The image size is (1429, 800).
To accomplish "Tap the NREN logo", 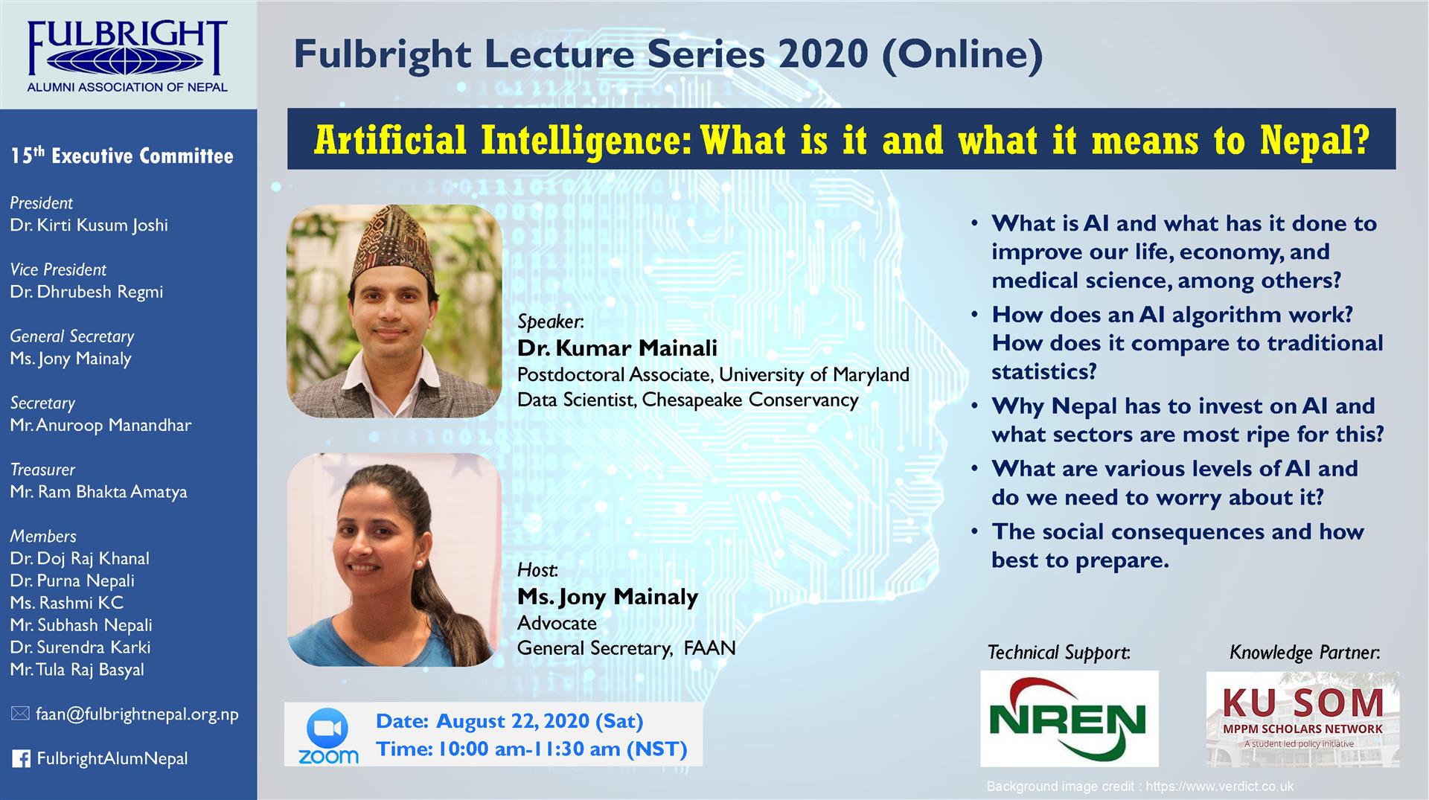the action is click(x=1069, y=718).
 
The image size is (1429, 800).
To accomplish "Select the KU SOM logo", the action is click(x=1302, y=719).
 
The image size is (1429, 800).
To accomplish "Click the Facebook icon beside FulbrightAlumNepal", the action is click(x=22, y=759).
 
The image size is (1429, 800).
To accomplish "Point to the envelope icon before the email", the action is click(x=21, y=714).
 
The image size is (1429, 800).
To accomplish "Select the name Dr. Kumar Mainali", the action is click(x=617, y=348).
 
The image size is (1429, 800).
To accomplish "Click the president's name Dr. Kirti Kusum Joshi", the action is click(x=89, y=225).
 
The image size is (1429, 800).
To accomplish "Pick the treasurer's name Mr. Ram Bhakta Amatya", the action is click(x=99, y=492).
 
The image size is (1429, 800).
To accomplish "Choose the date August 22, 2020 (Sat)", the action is click(x=540, y=721).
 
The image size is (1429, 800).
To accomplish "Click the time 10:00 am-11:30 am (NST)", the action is click(x=563, y=749).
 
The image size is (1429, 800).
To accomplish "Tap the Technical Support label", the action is click(x=1059, y=653).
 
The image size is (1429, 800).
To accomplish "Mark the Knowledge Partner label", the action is click(x=1305, y=653).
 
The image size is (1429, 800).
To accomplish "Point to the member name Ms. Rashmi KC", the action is click(x=67, y=603).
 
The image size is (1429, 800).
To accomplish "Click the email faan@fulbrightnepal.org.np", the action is click(x=138, y=714).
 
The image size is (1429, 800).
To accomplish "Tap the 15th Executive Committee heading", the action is click(x=122, y=156).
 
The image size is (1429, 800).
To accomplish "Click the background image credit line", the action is click(x=1140, y=786).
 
